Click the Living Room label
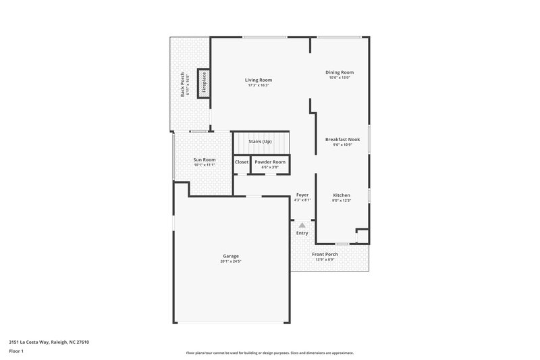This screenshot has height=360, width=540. pos(259,80)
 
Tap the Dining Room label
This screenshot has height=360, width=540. pos(340,72)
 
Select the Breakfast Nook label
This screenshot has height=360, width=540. pos(342,139)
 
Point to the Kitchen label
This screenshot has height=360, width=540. pos(342,195)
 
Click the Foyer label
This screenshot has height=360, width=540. pos(302,195)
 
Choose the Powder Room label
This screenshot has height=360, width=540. pos(270,162)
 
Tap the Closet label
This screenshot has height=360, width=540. pos(242,162)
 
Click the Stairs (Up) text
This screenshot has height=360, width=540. pos(260,141)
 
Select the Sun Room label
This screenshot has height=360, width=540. pos(204,159)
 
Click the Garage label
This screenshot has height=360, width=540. pos(231,255)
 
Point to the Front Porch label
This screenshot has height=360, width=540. pos(324,255)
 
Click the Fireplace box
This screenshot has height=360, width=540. pos(205,83)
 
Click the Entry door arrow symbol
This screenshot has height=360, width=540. pos(302,224)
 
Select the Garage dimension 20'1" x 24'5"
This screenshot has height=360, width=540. pos(231,261)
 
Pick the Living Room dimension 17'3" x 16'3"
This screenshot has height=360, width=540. pos(259,85)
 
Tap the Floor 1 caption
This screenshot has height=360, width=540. pos(17,352)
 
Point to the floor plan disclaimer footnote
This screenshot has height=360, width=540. pos(270,353)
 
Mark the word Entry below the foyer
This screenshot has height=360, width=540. pos(302,233)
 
